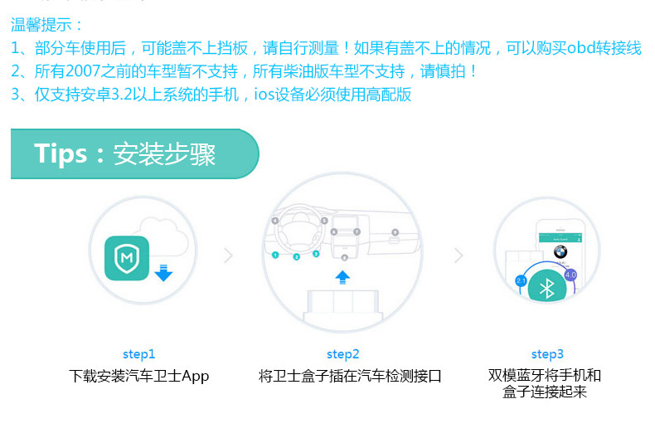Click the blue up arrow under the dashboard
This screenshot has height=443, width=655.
point(343,277)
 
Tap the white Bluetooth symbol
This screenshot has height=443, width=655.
point(546,288)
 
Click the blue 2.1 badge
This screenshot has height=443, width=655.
point(522,281)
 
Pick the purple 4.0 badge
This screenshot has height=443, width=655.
point(570,275)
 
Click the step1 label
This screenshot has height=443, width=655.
point(138,354)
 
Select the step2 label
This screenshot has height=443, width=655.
point(342,354)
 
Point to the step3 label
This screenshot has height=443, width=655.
point(547,354)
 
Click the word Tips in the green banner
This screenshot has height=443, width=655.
point(61,154)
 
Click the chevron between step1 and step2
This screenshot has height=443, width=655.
point(229,256)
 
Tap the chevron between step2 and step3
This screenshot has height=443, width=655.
point(458,256)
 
